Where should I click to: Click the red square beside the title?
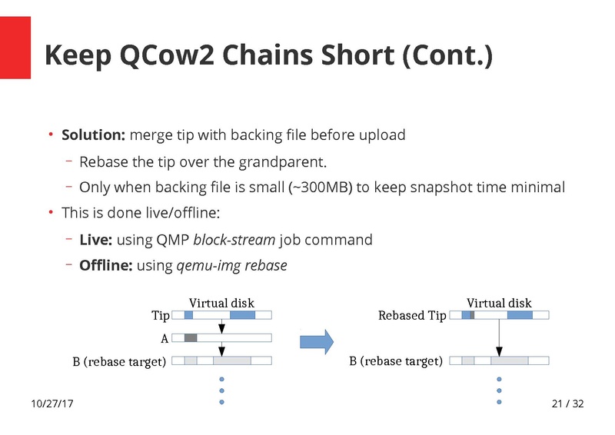click(15, 48)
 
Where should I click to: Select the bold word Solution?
click(93, 135)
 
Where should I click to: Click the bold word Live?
click(96, 240)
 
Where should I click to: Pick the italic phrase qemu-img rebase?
click(231, 266)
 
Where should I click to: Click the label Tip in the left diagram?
click(160, 316)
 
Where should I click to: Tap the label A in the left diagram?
click(164, 337)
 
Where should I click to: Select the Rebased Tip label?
click(412, 316)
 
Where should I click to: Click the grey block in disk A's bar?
click(191, 337)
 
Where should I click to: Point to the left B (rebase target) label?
click(119, 361)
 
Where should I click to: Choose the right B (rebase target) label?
click(395, 361)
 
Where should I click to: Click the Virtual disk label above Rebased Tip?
click(499, 303)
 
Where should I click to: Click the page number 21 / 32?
click(568, 404)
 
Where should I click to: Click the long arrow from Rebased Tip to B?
click(499, 337)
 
